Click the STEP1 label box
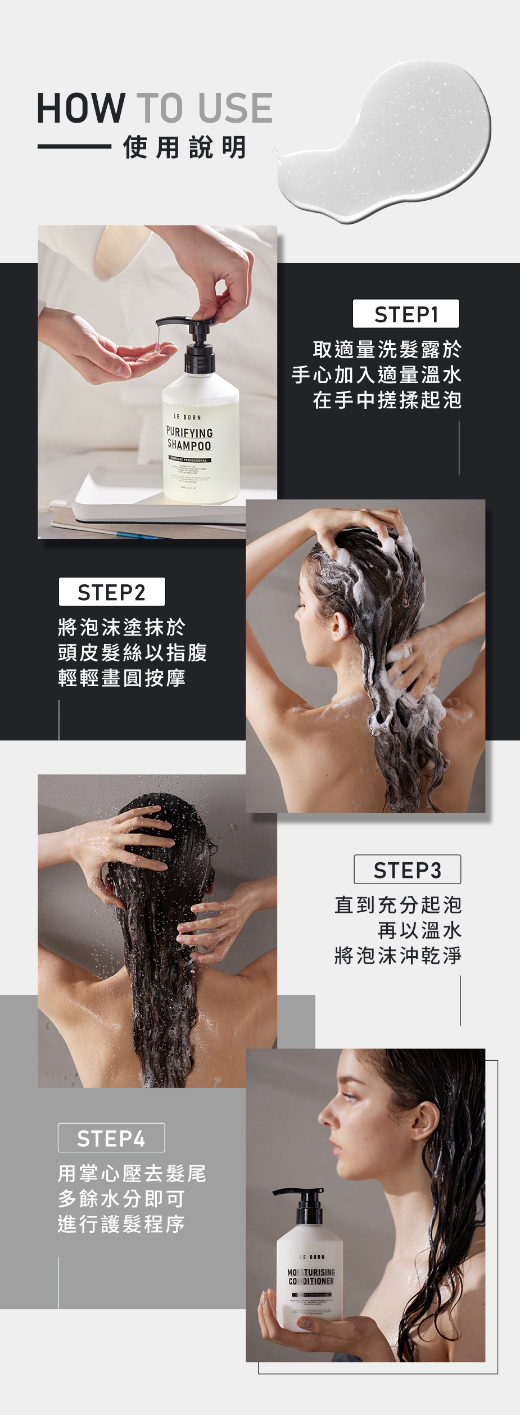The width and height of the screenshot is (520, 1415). [405, 314]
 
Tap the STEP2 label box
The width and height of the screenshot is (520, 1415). [111, 592]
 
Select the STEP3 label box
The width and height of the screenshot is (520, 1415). [407, 869]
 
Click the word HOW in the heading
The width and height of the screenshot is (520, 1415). [81, 108]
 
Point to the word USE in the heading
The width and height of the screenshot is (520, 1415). [235, 108]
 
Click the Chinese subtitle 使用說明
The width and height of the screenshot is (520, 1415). [184, 147]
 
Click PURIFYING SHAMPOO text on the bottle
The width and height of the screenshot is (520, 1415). [189, 439]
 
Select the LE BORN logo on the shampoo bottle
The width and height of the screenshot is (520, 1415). [187, 417]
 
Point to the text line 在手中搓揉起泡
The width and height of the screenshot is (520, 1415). [387, 400]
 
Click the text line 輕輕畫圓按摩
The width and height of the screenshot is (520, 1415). [121, 678]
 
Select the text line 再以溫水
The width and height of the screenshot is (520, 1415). [419, 930]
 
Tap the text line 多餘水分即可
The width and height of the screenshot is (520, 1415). [121, 1198]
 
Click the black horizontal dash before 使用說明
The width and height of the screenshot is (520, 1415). [74, 147]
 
